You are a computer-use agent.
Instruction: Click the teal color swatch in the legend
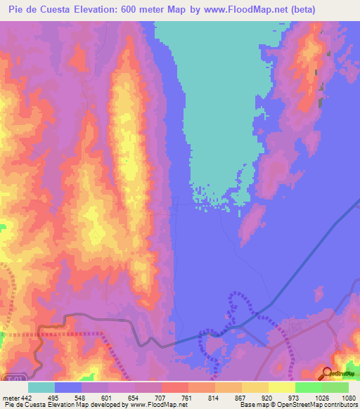coord(41,387)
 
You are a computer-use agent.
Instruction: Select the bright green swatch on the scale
coord(308,387)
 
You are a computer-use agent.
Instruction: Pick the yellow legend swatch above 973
coord(281,387)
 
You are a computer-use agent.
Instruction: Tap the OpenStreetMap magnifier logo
coord(326,373)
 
